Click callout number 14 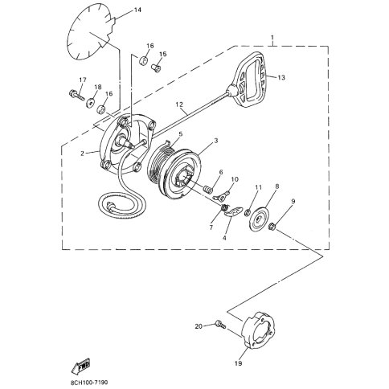pos(137,10)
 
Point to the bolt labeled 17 pos(76,94)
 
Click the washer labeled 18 pos(91,103)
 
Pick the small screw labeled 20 pos(220,324)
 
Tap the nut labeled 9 pos(272,227)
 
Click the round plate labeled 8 pos(259,219)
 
